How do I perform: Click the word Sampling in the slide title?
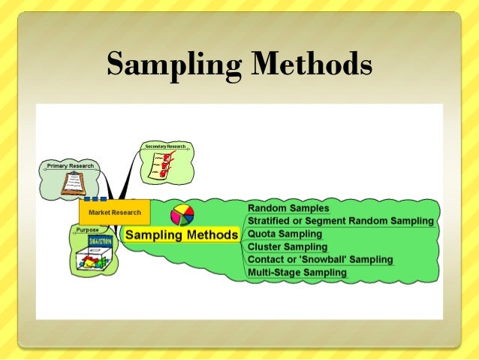pos(173,65)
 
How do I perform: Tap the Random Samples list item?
pos(288,208)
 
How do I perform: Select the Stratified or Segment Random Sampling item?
pos(341,221)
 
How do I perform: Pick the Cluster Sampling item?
pos(288,247)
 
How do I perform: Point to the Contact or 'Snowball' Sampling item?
pos(320,259)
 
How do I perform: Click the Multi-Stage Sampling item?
pos(297,272)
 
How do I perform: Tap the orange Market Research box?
pos(113,213)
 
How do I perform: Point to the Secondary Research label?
pos(164,145)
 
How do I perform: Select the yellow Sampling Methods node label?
pos(181,234)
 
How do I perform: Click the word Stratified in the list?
pos(272,221)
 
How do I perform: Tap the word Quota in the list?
pos(263,234)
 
